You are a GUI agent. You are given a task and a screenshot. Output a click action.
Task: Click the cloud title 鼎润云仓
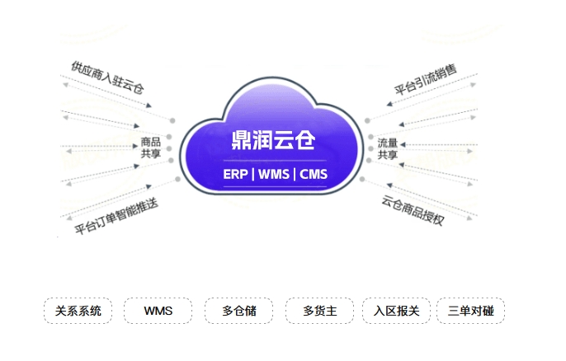(x=273, y=140)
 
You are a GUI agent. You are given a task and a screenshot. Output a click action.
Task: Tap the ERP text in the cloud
(x=235, y=174)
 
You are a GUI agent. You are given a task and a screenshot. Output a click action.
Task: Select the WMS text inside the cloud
(x=274, y=174)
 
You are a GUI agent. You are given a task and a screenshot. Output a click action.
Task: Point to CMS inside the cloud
(x=314, y=174)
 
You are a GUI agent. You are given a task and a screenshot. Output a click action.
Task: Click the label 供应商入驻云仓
(x=107, y=77)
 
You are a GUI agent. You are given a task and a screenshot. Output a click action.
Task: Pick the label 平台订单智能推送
(x=116, y=216)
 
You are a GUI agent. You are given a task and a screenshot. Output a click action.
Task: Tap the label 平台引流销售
(x=426, y=79)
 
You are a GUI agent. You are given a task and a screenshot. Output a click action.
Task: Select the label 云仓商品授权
(x=413, y=210)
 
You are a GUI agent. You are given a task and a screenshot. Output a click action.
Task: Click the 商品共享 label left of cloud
(x=150, y=148)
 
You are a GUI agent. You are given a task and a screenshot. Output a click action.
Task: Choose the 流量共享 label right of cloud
(x=388, y=148)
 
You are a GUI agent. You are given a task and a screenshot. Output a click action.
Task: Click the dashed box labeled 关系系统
(x=78, y=311)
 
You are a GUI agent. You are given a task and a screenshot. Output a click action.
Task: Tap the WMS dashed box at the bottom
(x=158, y=311)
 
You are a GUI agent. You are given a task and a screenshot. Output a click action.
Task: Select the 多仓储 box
(x=239, y=311)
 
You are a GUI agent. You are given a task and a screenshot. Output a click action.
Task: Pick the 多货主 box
(x=320, y=311)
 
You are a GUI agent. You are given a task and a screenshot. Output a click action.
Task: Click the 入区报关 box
(x=396, y=311)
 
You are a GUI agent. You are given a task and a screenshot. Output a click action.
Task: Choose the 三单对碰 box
(x=470, y=311)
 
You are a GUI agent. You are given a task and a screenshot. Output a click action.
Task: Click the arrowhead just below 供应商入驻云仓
(x=149, y=105)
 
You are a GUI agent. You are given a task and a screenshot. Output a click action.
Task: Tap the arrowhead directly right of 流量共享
(x=403, y=144)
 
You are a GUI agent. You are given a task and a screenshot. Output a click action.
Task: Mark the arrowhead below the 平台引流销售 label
(x=389, y=104)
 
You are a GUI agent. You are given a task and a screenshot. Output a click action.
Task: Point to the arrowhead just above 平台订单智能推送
(x=149, y=186)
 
